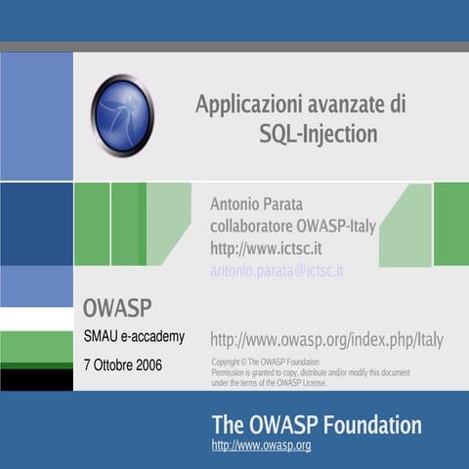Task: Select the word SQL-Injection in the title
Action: coord(318,133)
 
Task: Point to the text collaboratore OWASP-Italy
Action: coord(293,227)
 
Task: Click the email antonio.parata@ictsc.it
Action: coord(277,271)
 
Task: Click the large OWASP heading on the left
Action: coord(117,309)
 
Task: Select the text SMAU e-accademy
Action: coord(134,337)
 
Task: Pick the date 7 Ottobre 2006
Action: coord(123,365)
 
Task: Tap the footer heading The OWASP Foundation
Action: coord(317,425)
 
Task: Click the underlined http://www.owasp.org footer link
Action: coord(261,446)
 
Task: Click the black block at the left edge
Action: coord(36,379)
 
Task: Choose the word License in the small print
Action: coord(313,383)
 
